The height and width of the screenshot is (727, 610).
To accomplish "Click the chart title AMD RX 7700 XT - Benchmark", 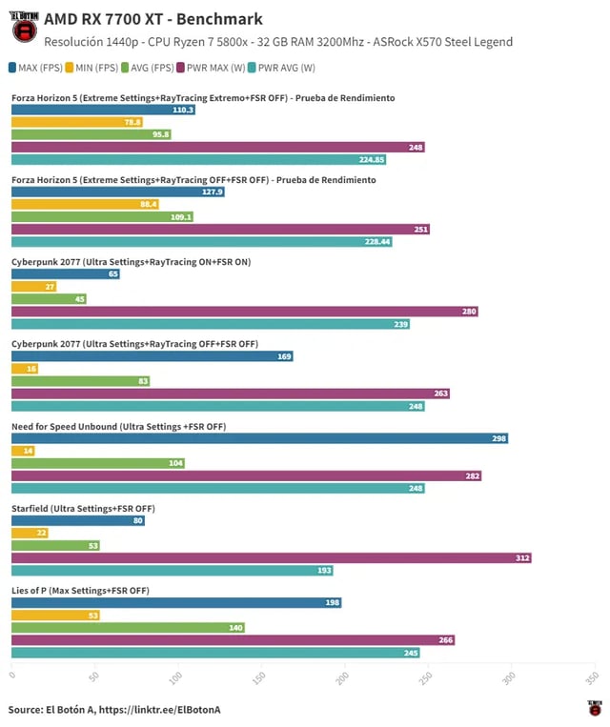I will click(x=152, y=19).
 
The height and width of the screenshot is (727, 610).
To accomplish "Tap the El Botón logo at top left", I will click(x=24, y=29).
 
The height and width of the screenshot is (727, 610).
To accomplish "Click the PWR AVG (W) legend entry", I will click(x=282, y=68).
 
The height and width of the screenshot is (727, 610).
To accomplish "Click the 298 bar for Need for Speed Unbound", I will click(x=259, y=438).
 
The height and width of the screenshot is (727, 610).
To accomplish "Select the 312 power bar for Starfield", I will click(x=271, y=557).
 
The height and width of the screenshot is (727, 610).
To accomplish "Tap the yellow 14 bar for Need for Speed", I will click(x=22, y=451).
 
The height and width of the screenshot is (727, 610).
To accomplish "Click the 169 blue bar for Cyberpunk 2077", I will click(x=152, y=356).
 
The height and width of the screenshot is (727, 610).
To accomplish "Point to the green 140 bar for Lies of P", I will click(x=128, y=628).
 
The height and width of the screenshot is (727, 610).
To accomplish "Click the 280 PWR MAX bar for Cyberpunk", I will click(x=244, y=312).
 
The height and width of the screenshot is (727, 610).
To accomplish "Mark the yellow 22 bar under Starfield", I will click(x=29, y=533).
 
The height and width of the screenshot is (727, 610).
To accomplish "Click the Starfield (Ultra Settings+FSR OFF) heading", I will click(x=83, y=509).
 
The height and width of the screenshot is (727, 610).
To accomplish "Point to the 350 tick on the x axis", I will click(x=592, y=677).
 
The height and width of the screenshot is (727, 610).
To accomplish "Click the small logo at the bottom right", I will click(x=595, y=708).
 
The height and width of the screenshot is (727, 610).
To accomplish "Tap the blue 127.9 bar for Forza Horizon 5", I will click(x=117, y=192).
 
